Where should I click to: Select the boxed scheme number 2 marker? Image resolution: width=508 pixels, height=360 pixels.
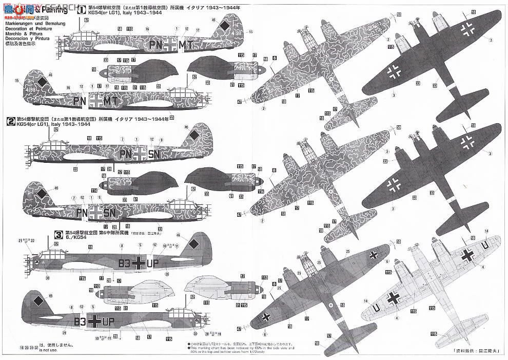pos(10,122)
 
